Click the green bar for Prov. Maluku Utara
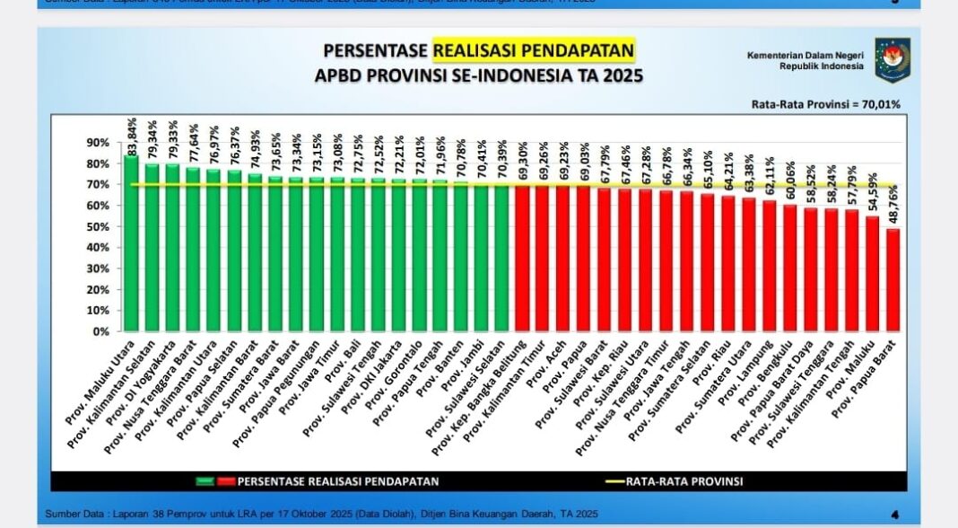coord(132,242)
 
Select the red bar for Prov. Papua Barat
coord(892,279)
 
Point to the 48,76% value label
coord(893,207)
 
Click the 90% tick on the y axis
coord(98,143)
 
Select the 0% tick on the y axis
coord(101,331)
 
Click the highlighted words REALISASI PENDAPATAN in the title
coord(534,49)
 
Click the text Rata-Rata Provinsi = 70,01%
coord(826,104)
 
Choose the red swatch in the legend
coord(225,481)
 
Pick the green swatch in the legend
coord(205,481)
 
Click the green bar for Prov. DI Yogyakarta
coord(173,247)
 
